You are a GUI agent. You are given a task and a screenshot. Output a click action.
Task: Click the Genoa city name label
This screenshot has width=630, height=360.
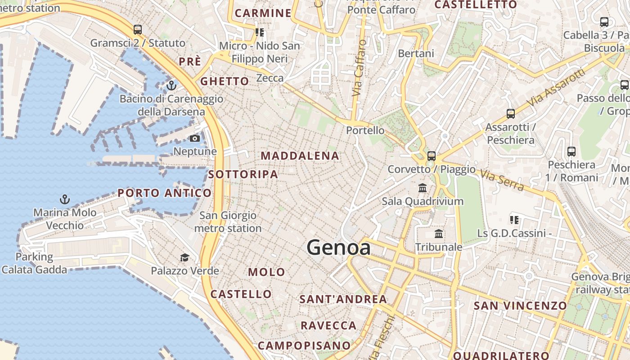point(338,247)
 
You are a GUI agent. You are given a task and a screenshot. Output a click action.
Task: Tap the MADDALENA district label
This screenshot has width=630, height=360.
point(300,156)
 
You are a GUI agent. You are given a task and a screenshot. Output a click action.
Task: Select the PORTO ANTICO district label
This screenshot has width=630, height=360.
point(164,193)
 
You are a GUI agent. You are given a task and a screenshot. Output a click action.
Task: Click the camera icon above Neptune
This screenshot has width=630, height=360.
point(195,138)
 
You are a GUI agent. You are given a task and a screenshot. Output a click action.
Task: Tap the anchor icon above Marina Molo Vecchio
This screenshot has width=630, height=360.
point(65,199)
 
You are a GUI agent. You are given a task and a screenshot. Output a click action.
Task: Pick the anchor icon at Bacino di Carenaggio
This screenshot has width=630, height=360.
point(171,85)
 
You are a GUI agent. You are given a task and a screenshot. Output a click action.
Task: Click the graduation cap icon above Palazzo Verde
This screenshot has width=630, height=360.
point(184,257)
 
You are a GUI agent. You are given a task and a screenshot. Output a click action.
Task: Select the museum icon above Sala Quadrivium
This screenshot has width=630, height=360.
point(422,188)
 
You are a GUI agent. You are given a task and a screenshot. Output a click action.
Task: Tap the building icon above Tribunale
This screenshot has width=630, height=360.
point(439,234)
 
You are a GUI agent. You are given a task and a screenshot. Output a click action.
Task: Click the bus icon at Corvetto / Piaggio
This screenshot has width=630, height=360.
point(432,156)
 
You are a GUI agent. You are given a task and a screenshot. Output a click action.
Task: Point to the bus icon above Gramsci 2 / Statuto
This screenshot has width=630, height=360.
point(138,30)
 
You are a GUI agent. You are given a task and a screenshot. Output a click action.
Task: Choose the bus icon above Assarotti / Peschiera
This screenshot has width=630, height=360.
point(510,113)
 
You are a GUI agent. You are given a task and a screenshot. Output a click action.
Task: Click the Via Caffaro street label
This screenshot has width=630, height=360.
point(359,67)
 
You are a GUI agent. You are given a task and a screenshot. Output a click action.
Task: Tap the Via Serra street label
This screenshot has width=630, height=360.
point(501,180)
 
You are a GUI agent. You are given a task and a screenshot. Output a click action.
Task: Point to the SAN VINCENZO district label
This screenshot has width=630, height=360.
point(520,306)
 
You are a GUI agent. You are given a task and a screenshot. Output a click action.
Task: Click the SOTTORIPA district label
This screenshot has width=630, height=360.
point(243,174)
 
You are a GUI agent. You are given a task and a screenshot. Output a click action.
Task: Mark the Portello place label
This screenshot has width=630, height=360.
point(365,130)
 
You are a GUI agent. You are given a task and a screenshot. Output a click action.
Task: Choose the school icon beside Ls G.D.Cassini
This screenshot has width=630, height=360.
point(514,220)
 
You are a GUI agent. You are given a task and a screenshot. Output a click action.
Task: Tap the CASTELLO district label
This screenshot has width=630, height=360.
point(241,294)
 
